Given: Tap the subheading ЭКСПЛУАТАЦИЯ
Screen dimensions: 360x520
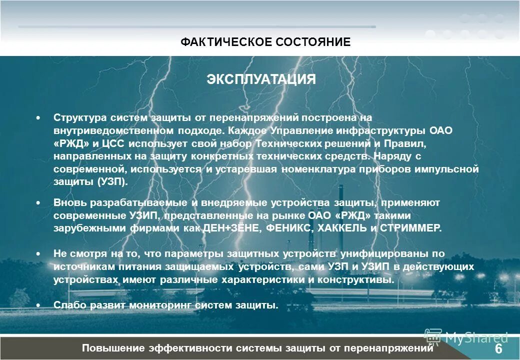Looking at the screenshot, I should pyautogui.click(x=261, y=79).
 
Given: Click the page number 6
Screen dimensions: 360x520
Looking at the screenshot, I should pyautogui.click(x=498, y=348).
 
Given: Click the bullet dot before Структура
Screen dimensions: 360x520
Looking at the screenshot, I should pyautogui.click(x=38, y=117).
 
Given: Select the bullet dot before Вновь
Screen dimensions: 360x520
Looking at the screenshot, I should pyautogui.click(x=38, y=202).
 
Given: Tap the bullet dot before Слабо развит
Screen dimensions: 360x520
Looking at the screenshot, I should pyautogui.click(x=38, y=305).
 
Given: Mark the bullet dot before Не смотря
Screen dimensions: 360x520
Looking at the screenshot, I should pyautogui.click(x=38, y=254).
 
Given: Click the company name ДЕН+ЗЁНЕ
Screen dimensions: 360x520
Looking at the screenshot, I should pyautogui.click(x=231, y=228).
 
